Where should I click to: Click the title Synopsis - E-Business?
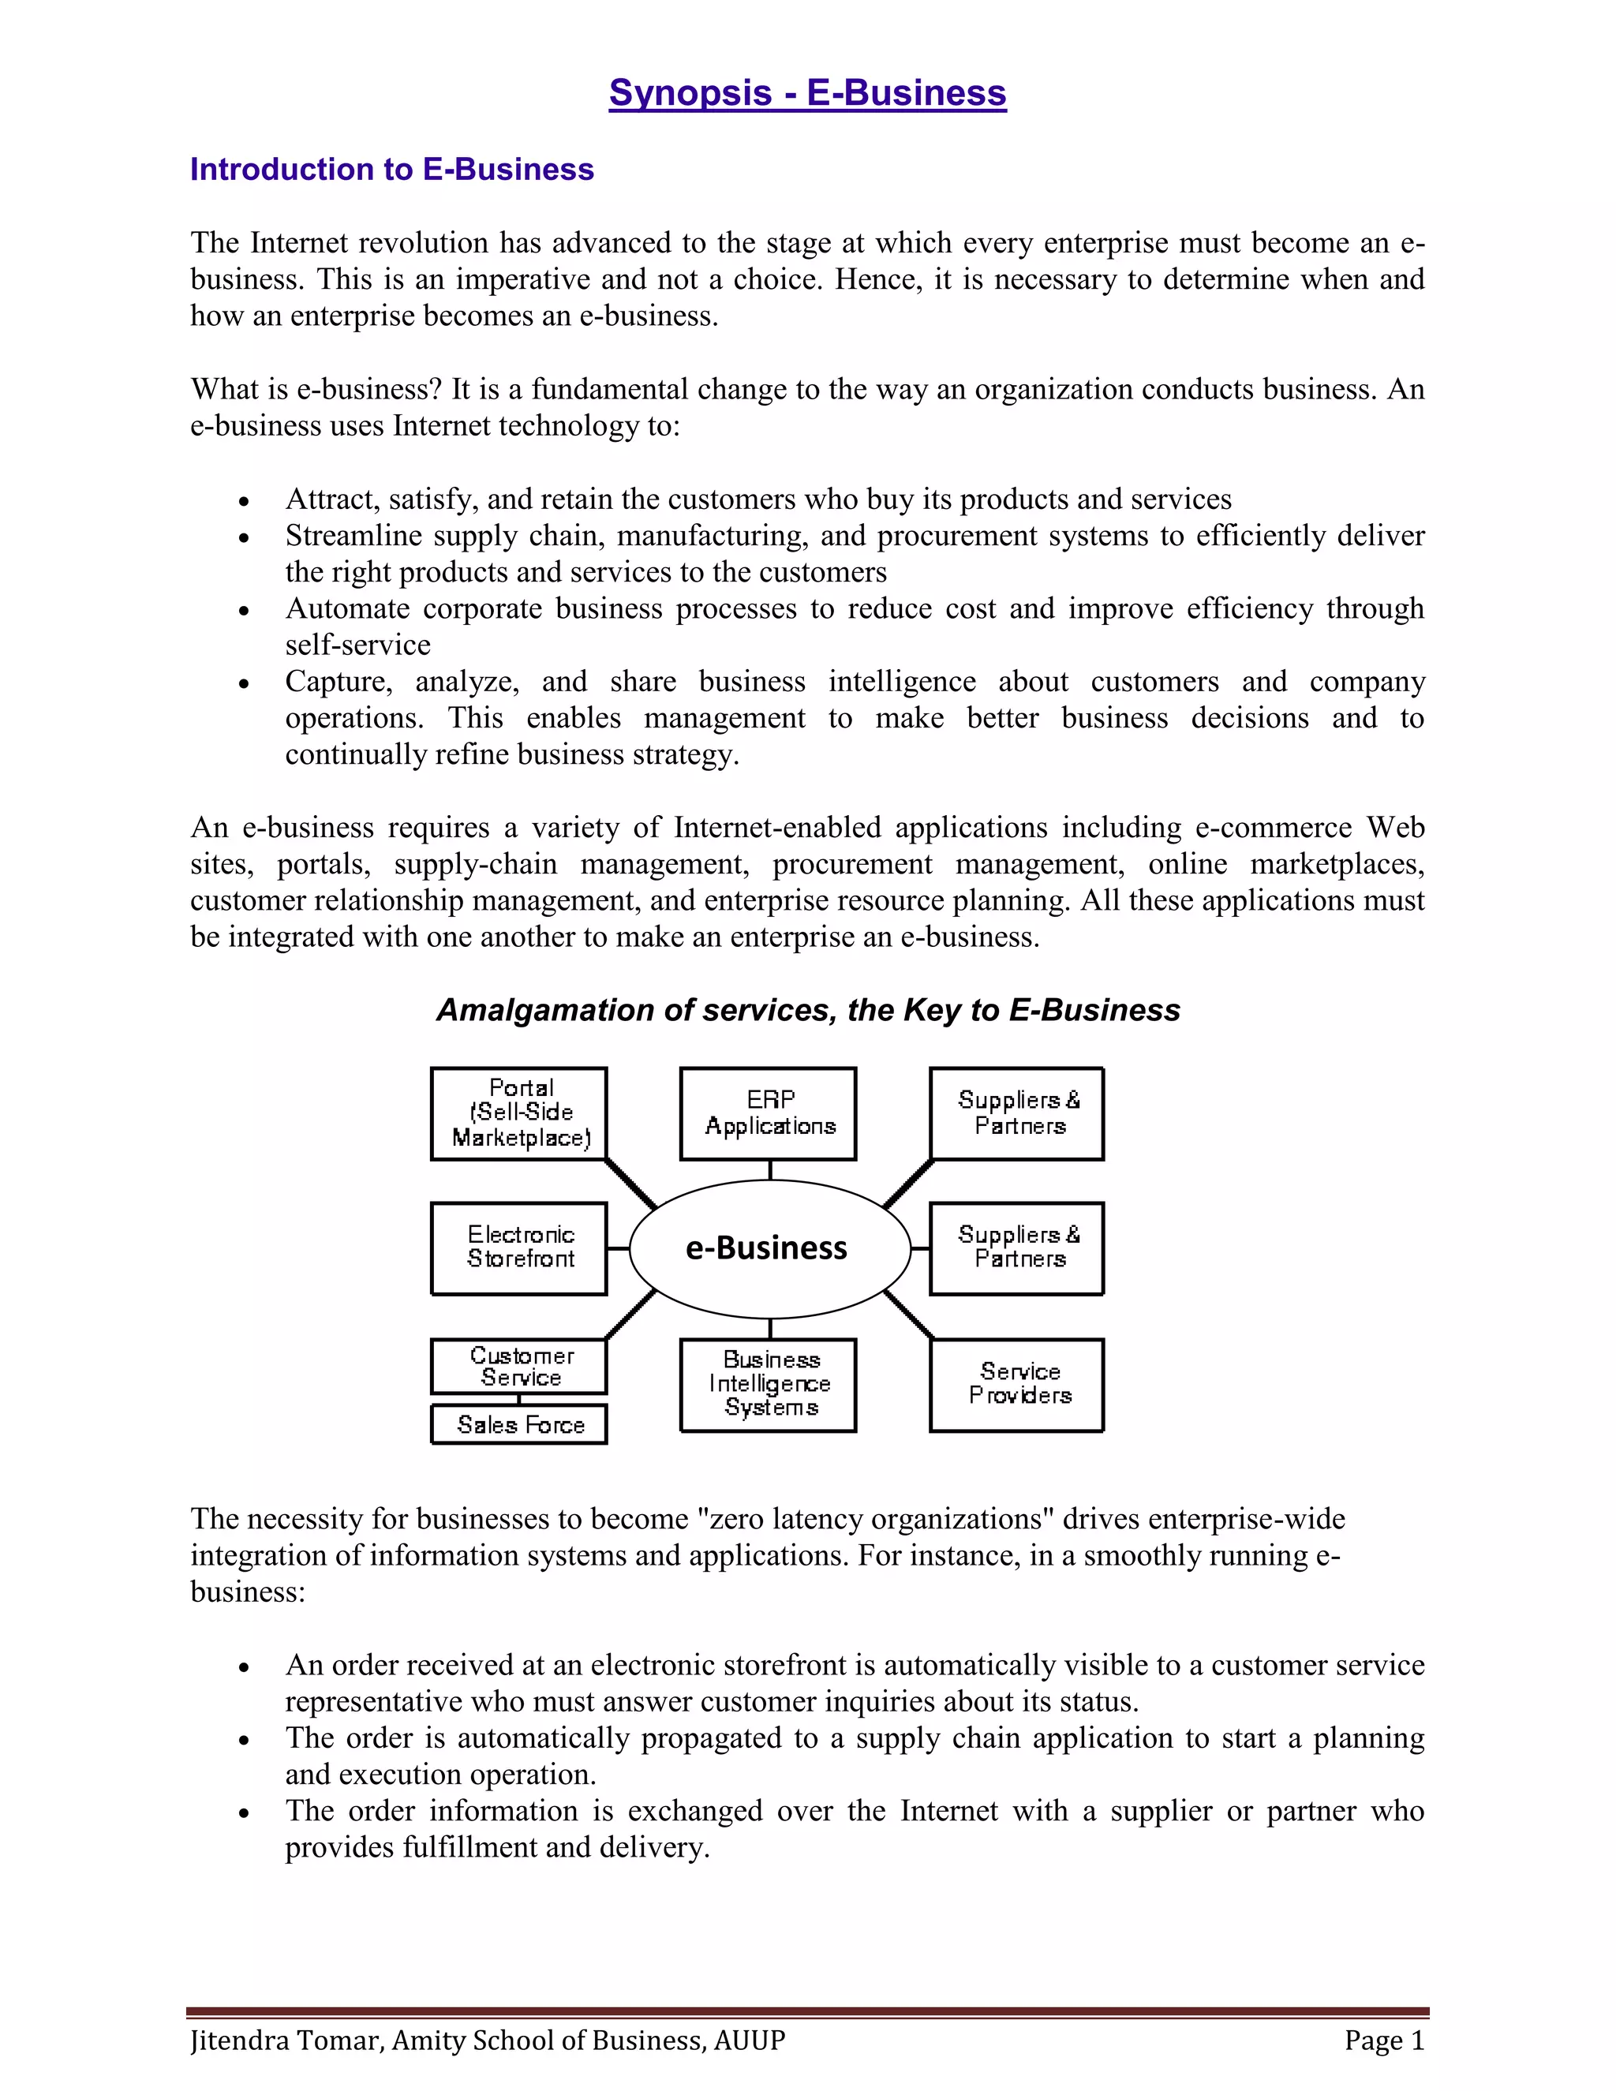pos(807,93)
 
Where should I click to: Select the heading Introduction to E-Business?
pos(391,170)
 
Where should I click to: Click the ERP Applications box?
pos(768,1113)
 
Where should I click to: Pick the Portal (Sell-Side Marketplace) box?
pos(519,1113)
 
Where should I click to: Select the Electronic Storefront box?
pos(519,1248)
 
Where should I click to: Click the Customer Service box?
pos(519,1366)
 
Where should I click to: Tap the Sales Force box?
pos(519,1424)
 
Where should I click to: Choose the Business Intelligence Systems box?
pos(768,1385)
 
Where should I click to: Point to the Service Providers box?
pos(1016,1385)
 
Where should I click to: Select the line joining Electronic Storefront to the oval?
pos(618,1248)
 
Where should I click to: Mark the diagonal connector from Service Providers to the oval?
pos(907,1315)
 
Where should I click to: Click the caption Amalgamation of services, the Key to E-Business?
pos(807,1010)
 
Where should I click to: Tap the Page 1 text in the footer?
pos(1383,2041)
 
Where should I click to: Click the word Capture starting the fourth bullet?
pos(338,682)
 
